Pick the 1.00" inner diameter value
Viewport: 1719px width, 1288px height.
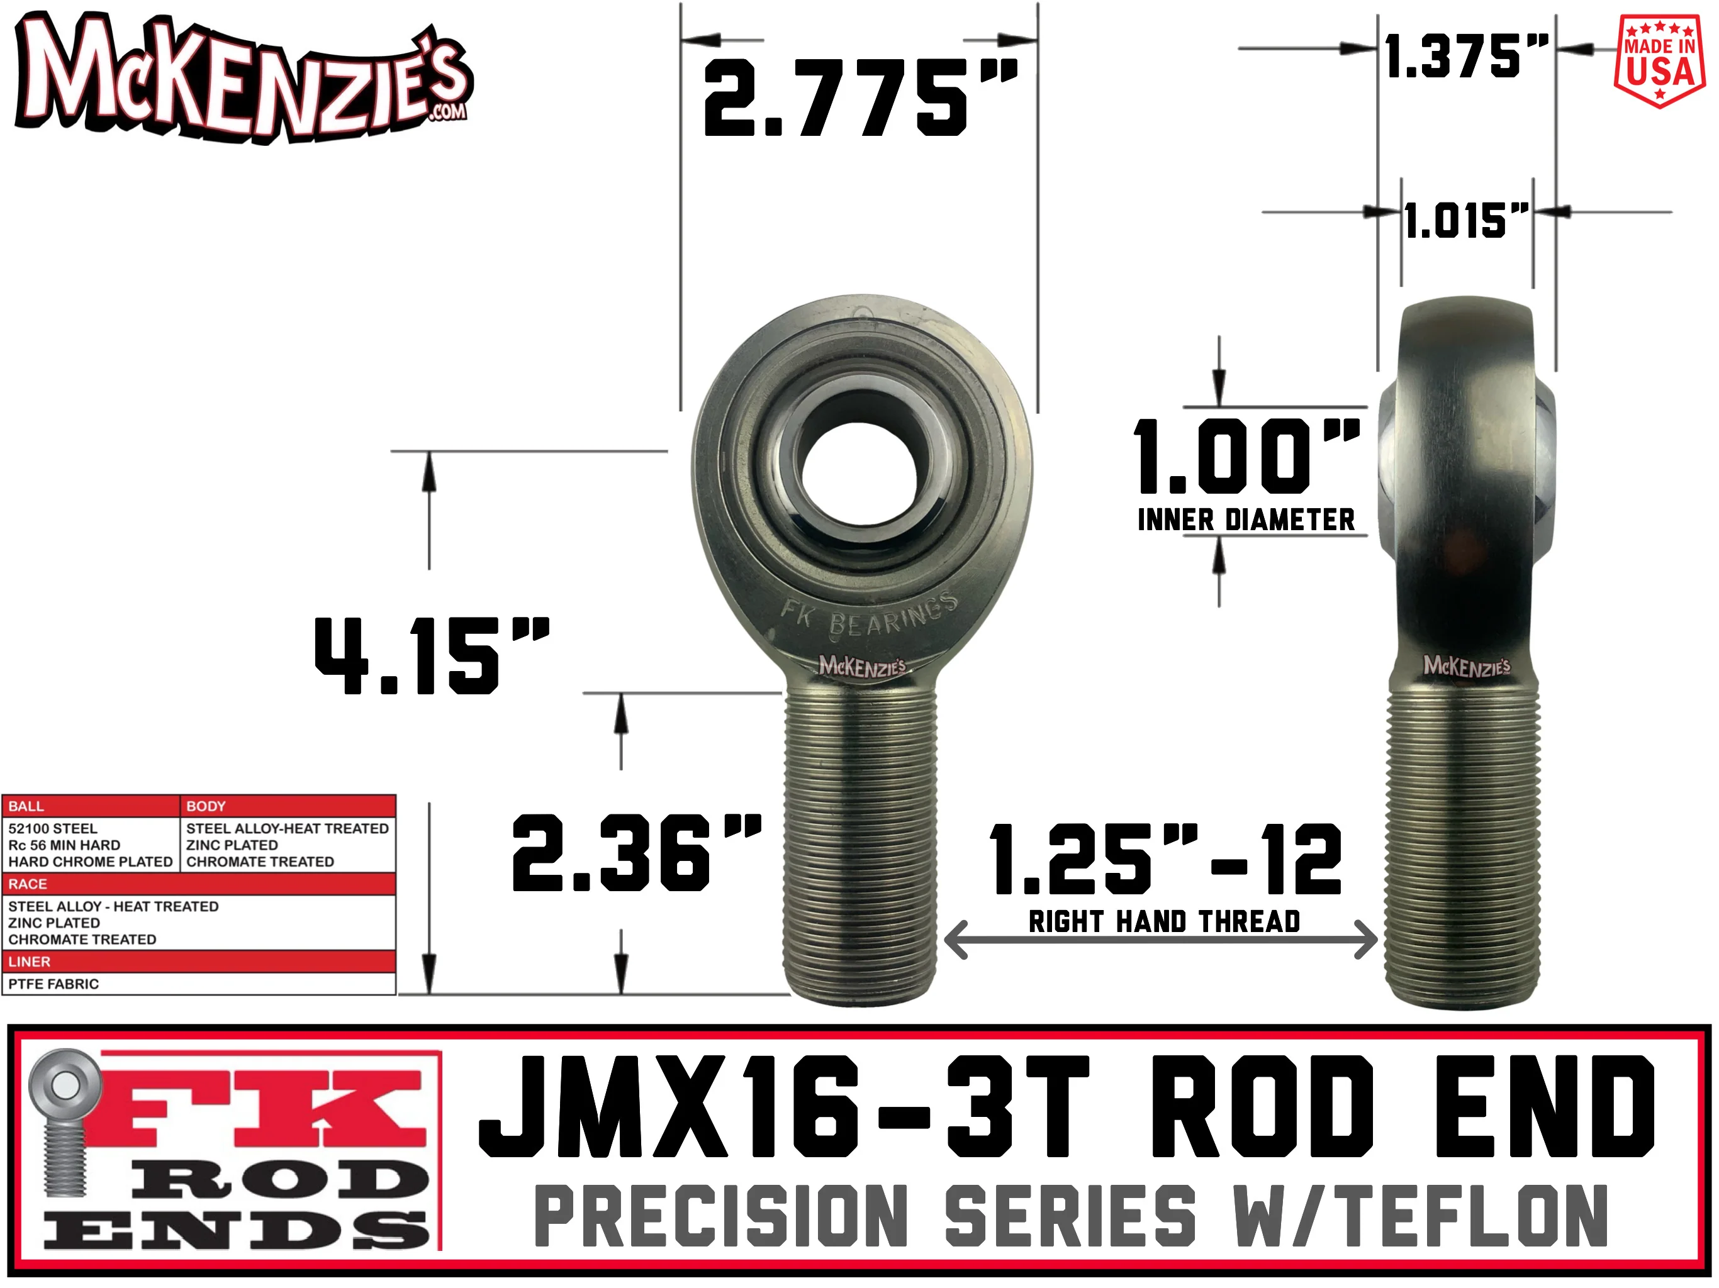click(x=1246, y=456)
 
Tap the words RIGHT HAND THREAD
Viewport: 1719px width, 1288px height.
click(x=1164, y=921)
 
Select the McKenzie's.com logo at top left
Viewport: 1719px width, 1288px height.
click(x=244, y=78)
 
